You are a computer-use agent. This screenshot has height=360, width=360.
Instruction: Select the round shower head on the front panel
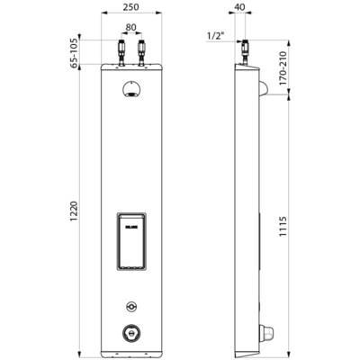[x=131, y=88]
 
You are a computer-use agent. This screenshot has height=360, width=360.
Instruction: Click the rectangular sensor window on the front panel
[x=131, y=241]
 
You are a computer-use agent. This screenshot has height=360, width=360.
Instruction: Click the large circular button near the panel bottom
[x=131, y=332]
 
